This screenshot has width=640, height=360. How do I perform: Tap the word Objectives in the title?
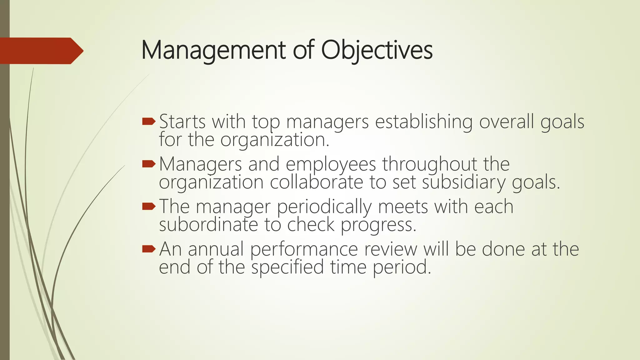377,51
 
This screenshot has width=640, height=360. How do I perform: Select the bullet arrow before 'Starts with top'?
148,122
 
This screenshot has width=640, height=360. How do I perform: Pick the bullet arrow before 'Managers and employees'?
148,164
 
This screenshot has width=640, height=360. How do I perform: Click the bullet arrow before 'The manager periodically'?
148,206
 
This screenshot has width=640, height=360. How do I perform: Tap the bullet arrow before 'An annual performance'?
148,249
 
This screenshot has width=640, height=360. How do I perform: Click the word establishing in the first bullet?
424,122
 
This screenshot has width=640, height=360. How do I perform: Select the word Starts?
182,122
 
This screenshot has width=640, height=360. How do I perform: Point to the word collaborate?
316,182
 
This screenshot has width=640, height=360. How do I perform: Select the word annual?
216,249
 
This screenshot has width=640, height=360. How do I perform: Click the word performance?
304,249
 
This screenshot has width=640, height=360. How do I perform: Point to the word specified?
287,267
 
